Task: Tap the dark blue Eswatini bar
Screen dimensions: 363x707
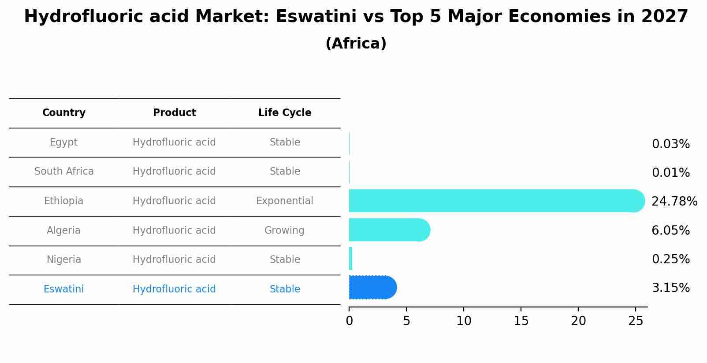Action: coord(372,288)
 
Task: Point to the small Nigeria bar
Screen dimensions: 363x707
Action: coord(351,259)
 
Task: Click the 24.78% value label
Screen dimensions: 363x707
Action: coord(674,202)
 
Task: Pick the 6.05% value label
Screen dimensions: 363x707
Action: coord(670,231)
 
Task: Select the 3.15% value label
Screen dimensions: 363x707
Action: coord(670,288)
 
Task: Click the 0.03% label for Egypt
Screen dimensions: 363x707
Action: coord(670,144)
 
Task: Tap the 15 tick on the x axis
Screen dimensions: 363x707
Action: coord(521,321)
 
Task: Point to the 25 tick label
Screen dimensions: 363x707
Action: coord(636,321)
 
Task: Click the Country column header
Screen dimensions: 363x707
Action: coord(64,113)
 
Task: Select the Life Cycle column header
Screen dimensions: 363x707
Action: coord(285,113)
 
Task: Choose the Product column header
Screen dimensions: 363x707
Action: coord(175,113)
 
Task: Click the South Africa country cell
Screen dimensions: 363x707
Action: coord(64,172)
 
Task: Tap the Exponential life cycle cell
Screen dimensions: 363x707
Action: coord(285,201)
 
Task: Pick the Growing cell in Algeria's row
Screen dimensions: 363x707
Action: coord(284,231)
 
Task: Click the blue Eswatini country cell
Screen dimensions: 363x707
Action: coord(63,289)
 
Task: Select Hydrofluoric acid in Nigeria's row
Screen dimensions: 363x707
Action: coord(174,260)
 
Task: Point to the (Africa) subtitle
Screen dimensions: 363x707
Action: coord(356,44)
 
